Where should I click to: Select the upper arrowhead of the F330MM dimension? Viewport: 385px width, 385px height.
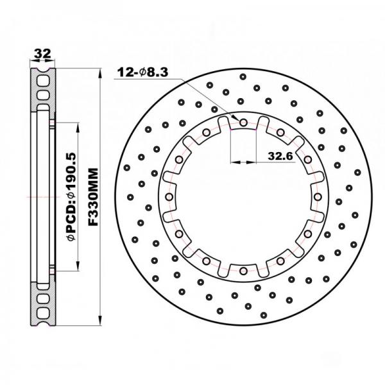(x=101, y=71)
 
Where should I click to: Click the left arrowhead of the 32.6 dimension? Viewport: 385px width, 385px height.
(x=232, y=162)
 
